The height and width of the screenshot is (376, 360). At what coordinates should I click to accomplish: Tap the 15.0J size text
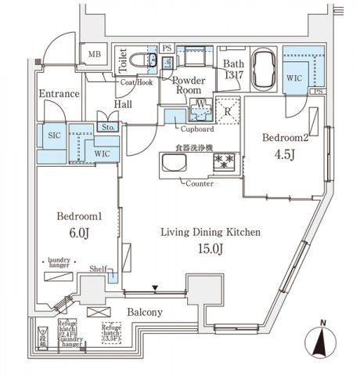(210, 251)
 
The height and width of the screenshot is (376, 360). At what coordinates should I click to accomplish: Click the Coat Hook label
(136, 81)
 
